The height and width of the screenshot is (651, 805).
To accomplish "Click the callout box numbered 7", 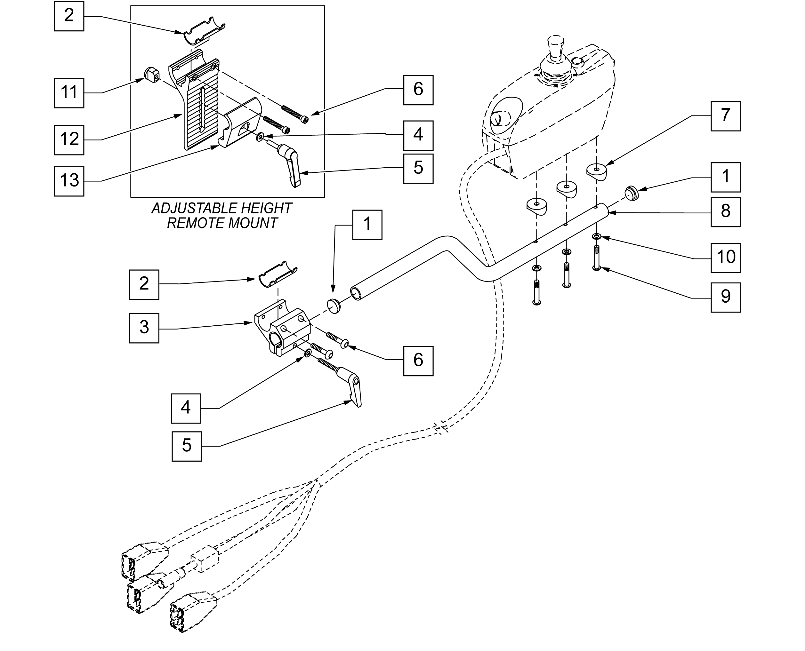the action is (726, 116).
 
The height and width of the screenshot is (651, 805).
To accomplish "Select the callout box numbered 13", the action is (69, 181).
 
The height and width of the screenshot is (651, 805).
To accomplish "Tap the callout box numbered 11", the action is (69, 93).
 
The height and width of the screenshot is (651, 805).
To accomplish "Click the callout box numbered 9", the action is (726, 298).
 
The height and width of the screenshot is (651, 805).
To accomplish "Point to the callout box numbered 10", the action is (726, 258).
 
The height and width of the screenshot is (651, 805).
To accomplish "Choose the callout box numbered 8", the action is (726, 212).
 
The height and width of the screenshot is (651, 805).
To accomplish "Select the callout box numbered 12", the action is (69, 140).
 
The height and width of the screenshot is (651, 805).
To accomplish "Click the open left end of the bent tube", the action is (356, 293).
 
